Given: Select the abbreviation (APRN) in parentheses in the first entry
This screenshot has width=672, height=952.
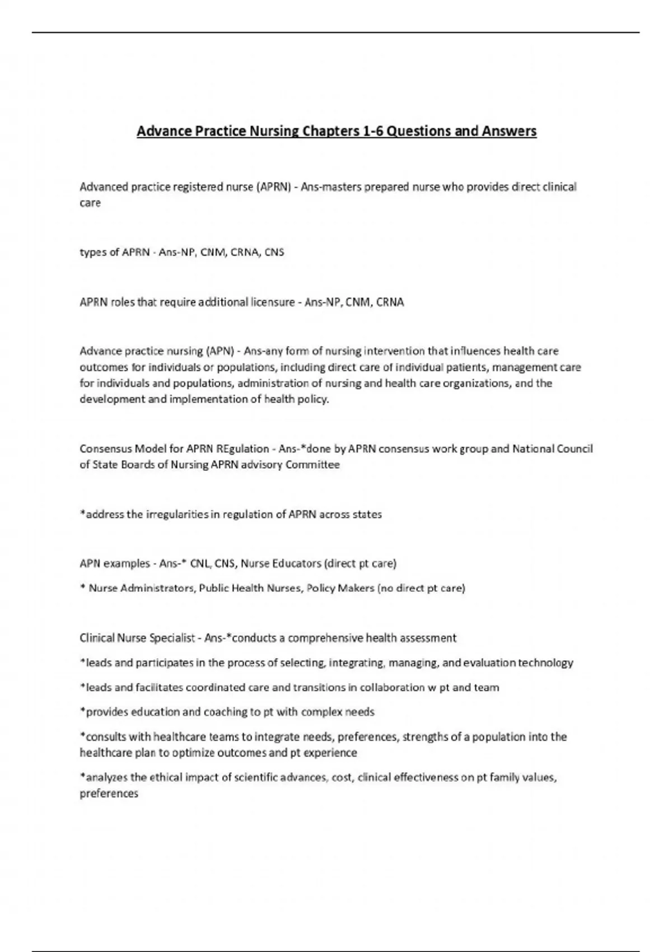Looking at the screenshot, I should click(273, 187).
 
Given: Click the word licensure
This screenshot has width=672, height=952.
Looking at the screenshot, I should click(272, 302).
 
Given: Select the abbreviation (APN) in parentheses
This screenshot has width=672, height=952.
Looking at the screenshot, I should click(220, 351).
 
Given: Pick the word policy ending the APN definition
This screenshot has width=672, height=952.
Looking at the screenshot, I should click(314, 400).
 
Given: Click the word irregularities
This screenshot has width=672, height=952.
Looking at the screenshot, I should click(177, 514).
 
